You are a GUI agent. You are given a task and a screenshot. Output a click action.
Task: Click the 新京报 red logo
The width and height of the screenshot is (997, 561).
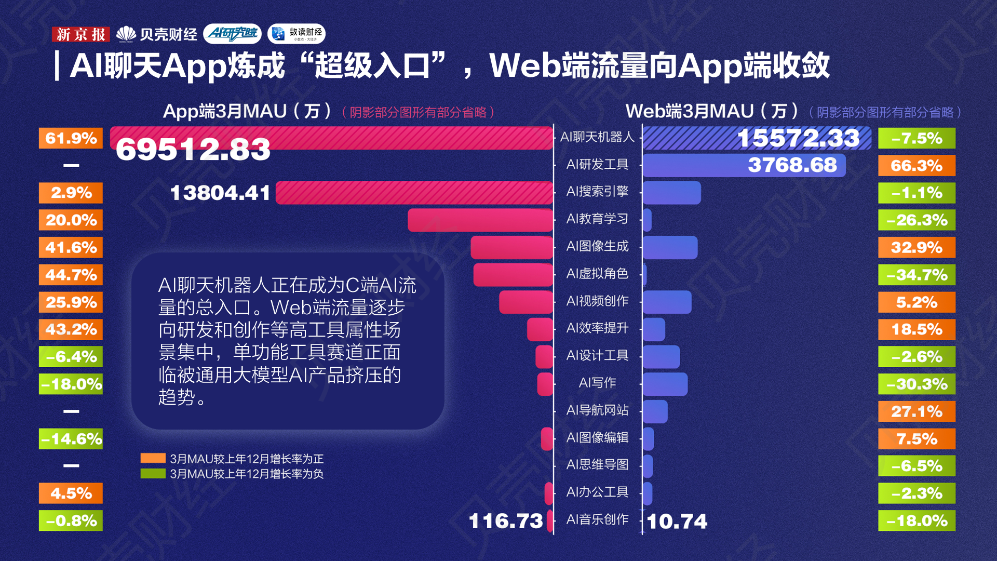(80, 34)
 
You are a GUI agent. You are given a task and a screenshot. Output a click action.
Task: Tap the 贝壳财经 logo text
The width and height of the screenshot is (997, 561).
(168, 34)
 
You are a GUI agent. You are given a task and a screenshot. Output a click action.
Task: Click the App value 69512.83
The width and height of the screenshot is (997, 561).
(193, 150)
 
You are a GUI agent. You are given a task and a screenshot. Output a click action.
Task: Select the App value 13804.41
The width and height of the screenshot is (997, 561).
(220, 193)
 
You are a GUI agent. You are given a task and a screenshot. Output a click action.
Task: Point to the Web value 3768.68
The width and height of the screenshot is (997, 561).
(792, 165)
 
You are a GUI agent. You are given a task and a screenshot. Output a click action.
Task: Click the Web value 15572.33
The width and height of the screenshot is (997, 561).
(798, 138)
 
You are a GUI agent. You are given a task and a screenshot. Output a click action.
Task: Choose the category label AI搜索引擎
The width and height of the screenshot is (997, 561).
(597, 192)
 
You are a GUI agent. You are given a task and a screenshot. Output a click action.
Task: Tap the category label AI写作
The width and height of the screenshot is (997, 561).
(597, 383)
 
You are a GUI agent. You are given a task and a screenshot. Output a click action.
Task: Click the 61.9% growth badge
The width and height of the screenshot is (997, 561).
(71, 138)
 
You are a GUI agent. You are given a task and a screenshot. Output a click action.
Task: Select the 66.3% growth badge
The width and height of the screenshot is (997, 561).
(917, 166)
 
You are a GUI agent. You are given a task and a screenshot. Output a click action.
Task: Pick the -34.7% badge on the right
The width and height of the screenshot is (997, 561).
(917, 275)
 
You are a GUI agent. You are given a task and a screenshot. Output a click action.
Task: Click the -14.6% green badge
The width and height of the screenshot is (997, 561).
(71, 439)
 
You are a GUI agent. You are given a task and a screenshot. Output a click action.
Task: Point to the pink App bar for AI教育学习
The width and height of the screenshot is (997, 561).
(480, 220)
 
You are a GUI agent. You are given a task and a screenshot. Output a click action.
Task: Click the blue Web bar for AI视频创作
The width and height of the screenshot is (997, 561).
(667, 302)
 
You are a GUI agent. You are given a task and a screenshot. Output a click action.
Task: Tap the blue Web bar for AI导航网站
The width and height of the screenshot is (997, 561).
(655, 411)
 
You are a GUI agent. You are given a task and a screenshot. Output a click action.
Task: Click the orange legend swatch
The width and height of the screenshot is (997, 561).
(153, 458)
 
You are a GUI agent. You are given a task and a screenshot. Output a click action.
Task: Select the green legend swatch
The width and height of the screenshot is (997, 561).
(153, 474)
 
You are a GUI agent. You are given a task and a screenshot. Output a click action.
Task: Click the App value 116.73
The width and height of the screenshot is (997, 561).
(505, 521)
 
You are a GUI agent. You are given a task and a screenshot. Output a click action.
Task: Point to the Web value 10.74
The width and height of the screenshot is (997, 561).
(677, 522)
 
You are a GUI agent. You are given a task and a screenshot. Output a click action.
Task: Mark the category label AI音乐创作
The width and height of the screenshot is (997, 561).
(597, 519)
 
